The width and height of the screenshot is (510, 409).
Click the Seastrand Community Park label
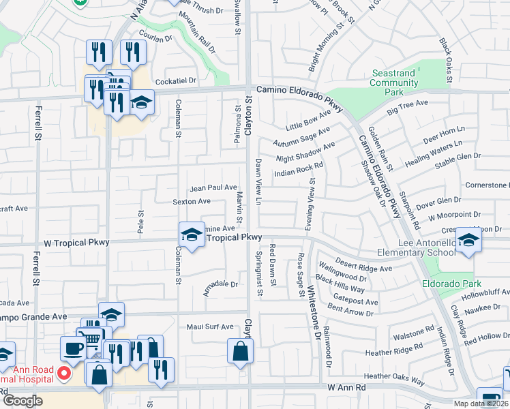click(394, 82)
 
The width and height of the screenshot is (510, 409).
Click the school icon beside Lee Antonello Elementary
click(468, 240)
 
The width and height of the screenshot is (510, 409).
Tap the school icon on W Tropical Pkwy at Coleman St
click(192, 235)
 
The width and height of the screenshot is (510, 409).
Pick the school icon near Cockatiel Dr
click(142, 103)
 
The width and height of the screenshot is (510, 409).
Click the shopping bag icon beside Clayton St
click(241, 351)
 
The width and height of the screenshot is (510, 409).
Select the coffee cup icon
click(73, 348)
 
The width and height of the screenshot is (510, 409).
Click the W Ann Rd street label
click(347, 387)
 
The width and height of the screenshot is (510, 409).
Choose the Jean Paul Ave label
click(213, 187)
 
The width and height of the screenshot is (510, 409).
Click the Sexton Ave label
click(191, 202)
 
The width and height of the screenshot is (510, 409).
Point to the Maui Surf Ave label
click(210, 327)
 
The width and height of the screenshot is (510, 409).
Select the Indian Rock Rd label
click(297, 174)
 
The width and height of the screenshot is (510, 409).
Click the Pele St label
click(140, 222)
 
